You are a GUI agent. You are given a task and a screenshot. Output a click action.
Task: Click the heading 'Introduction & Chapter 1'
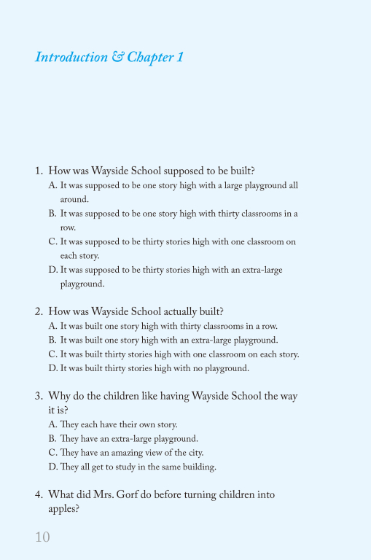pyautogui.click(x=109, y=57)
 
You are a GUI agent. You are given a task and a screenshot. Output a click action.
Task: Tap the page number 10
pyautogui.click(x=42, y=537)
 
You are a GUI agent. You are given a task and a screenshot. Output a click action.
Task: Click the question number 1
pyautogui.click(x=38, y=171)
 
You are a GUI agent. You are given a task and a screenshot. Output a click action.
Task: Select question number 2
pyautogui.click(x=38, y=311)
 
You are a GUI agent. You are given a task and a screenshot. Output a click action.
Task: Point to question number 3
pyautogui.click(x=38, y=396)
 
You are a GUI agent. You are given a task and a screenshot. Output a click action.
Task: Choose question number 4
pyautogui.click(x=38, y=494)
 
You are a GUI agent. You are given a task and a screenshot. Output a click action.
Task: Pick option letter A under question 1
pyautogui.click(x=52, y=186)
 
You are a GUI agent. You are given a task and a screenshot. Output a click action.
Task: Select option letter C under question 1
pyautogui.click(x=52, y=241)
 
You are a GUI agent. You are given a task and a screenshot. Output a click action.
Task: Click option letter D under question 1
pyautogui.click(x=52, y=270)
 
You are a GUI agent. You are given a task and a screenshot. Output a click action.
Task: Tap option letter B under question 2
pyautogui.click(x=52, y=340)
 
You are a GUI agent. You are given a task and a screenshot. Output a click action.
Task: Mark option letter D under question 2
pyautogui.click(x=52, y=368)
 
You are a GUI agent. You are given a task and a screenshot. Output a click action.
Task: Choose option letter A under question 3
pyautogui.click(x=52, y=424)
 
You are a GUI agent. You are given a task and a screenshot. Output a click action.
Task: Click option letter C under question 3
pyautogui.click(x=52, y=453)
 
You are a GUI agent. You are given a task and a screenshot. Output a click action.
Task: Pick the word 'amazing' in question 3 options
pyautogui.click(x=125, y=453)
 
